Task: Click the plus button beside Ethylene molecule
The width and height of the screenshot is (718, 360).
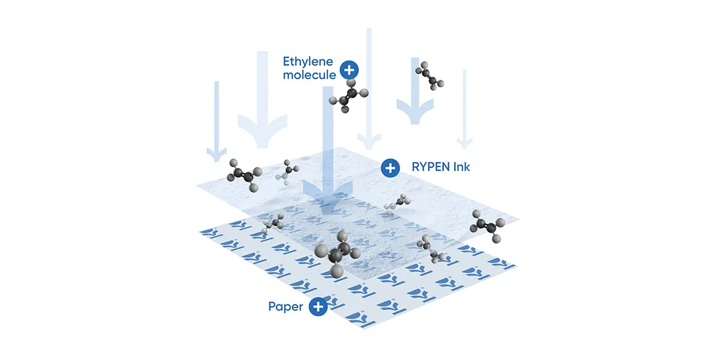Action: click(349, 70)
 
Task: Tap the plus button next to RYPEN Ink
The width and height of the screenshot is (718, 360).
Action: click(391, 168)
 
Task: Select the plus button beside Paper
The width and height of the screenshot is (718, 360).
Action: click(318, 307)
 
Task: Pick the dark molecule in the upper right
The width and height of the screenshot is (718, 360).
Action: click(431, 75)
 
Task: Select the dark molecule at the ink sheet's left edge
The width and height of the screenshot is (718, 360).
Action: click(242, 174)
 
